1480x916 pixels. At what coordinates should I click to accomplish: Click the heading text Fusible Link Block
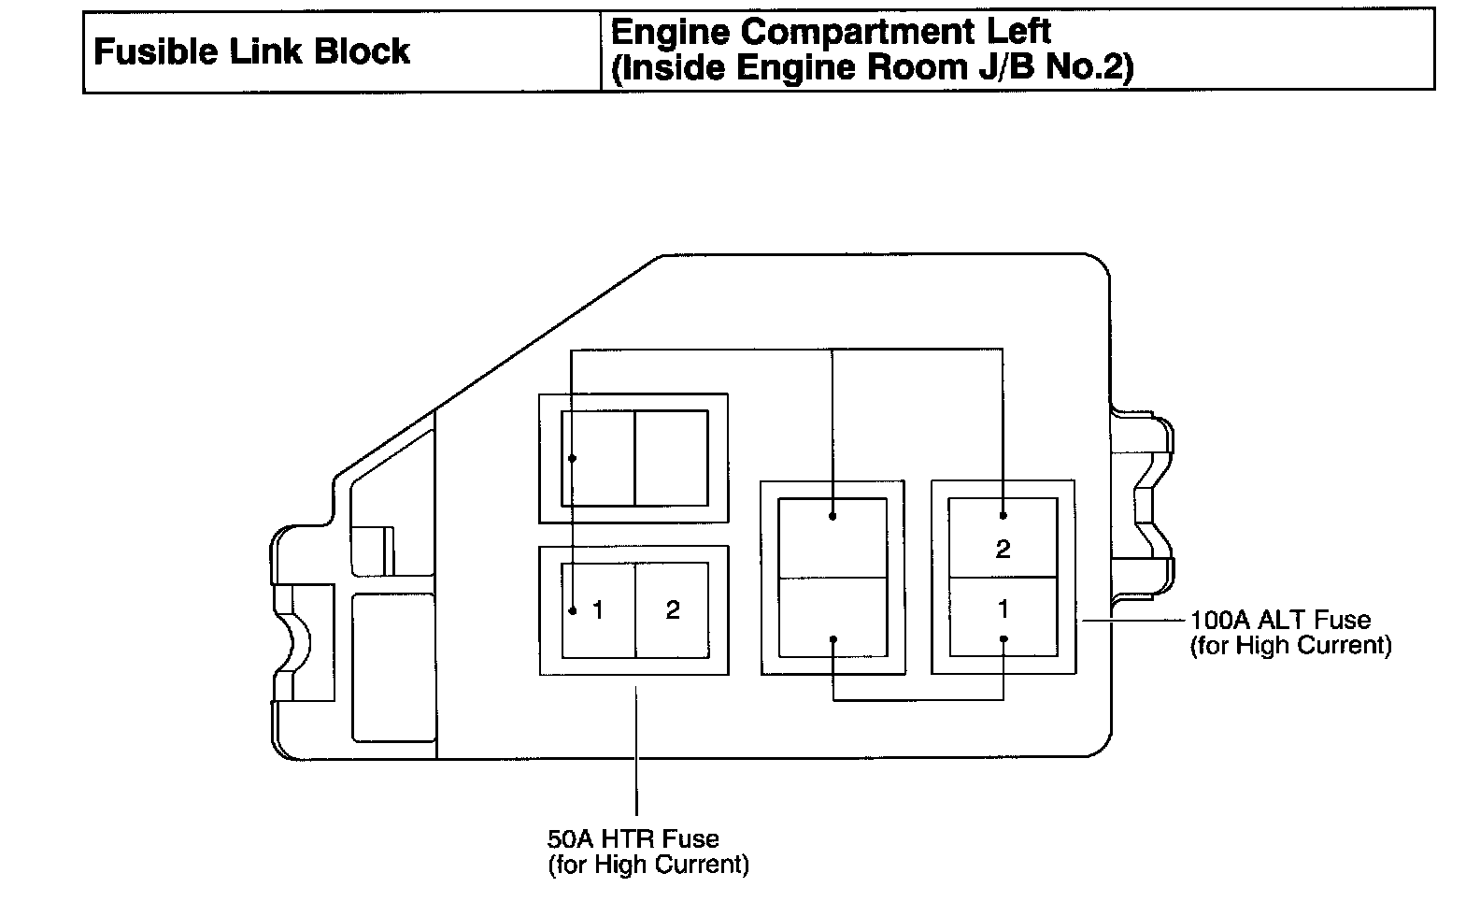(x=251, y=51)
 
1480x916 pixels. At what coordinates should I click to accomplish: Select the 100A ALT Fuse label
(x=1280, y=620)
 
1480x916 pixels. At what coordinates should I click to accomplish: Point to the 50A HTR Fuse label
(x=633, y=838)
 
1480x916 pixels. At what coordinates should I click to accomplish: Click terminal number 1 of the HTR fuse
(x=598, y=611)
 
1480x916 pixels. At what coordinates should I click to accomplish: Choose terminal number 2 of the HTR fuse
(x=673, y=611)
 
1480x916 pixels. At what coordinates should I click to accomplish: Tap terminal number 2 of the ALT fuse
(x=1003, y=549)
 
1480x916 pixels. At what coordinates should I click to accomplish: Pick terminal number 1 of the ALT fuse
(x=1003, y=609)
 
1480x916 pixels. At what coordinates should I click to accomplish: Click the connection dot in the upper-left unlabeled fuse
(x=571, y=458)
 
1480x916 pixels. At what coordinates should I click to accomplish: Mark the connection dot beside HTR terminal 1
(x=571, y=611)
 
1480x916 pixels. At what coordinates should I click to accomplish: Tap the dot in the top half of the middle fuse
(x=832, y=515)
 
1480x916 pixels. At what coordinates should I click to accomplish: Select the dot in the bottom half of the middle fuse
(x=832, y=640)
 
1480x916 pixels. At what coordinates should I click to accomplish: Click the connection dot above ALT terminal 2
(x=1003, y=515)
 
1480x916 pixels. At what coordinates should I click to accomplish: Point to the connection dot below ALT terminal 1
(x=1003, y=639)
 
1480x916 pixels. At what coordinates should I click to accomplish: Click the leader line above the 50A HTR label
(x=636, y=748)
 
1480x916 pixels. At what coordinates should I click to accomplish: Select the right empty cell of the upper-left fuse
(x=671, y=458)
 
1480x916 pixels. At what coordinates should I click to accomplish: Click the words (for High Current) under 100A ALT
(x=1290, y=646)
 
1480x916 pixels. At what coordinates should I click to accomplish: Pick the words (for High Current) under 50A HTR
(x=647, y=865)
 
